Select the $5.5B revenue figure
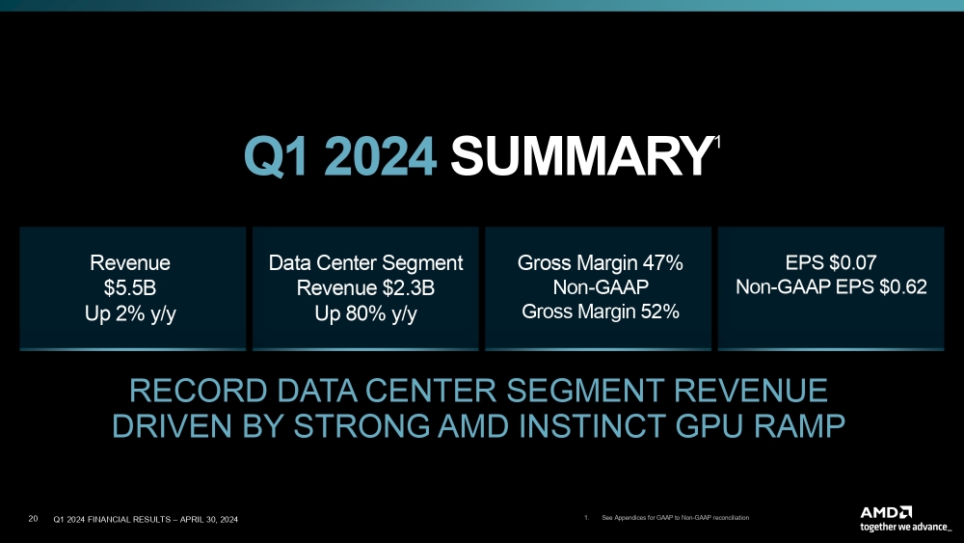pyautogui.click(x=130, y=286)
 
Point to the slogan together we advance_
pyautogui.click(x=905, y=527)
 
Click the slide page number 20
pyautogui.click(x=34, y=520)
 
